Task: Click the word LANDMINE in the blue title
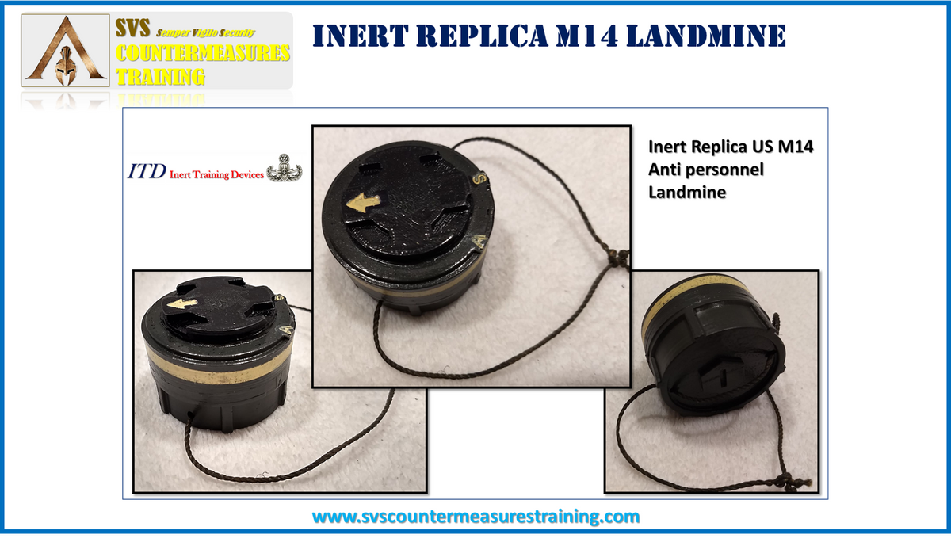coord(705,36)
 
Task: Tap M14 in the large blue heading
coord(586,36)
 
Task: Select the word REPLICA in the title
coord(483,36)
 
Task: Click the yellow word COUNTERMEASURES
coord(203,53)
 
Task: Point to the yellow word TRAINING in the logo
coord(160,77)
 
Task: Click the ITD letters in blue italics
coord(147,172)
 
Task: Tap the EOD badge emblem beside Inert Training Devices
coord(284,168)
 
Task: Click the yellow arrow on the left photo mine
coord(181,303)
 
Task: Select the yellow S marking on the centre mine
coord(479,177)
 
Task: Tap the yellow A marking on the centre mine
coord(480,242)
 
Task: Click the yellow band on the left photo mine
coord(217,367)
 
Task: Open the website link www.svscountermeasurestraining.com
coord(475,517)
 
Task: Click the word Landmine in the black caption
coord(687,193)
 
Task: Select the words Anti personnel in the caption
coord(705,170)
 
